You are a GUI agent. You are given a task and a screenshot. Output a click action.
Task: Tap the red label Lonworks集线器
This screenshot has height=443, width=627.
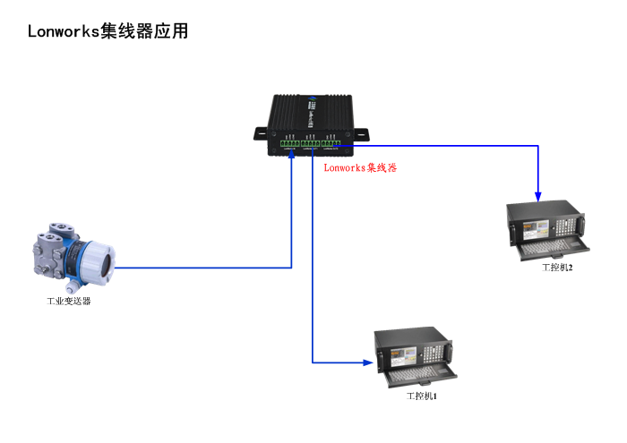point(360,167)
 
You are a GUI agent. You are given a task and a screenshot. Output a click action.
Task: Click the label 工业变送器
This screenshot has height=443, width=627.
point(69,302)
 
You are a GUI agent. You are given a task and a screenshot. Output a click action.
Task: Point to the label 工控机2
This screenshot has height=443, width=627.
point(557,268)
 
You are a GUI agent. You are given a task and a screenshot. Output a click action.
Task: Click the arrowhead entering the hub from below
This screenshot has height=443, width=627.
point(292,154)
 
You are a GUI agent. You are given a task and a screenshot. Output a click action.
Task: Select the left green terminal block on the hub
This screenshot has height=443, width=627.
point(289,142)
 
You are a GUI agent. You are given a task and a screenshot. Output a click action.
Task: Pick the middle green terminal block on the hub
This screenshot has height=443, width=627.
point(311,142)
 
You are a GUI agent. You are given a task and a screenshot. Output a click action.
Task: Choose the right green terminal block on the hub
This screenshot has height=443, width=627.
point(332,142)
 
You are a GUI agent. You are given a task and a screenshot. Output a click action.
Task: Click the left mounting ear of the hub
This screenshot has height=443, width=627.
point(261,134)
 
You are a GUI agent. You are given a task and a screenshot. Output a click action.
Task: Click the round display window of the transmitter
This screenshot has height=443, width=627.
point(101,265)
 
